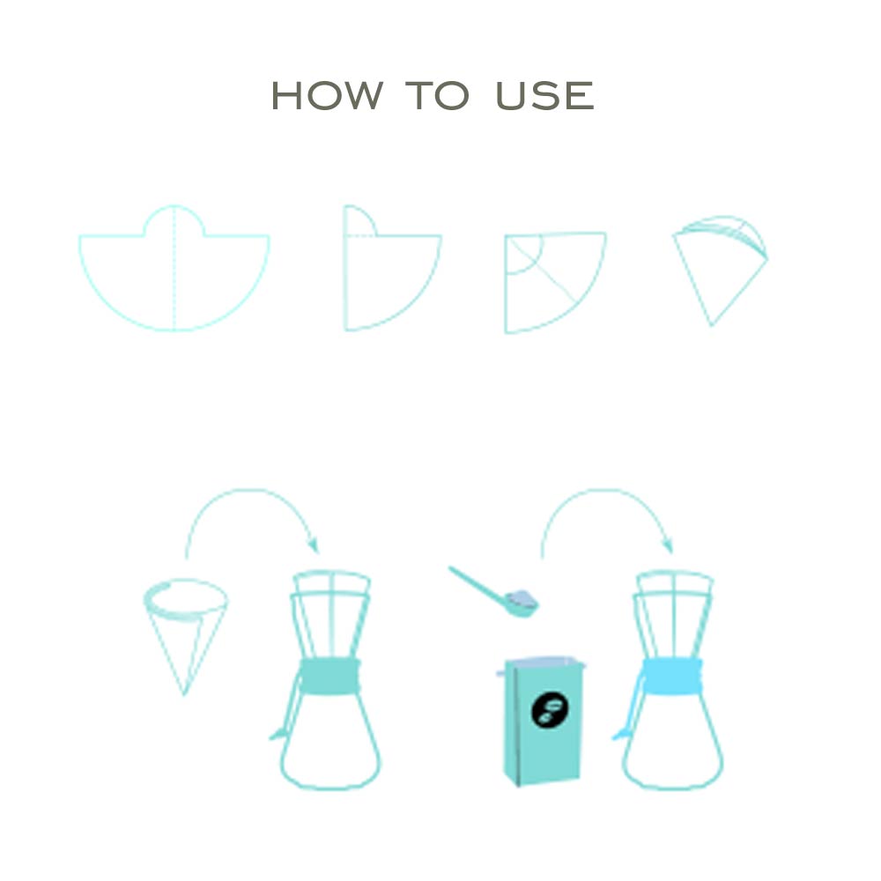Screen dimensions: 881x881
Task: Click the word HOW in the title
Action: [327, 95]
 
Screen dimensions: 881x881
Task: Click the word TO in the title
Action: [437, 95]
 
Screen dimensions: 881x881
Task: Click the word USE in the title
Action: [545, 95]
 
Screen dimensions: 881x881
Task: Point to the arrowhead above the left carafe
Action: [313, 545]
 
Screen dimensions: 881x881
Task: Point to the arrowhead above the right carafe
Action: [667, 545]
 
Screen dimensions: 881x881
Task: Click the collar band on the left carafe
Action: [329, 677]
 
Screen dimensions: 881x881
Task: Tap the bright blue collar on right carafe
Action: [672, 677]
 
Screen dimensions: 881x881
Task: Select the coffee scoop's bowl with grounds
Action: [522, 603]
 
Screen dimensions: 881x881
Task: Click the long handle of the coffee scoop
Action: [478, 583]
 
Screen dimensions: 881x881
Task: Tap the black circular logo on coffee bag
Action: [550, 710]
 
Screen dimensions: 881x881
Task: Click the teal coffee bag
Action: [542, 722]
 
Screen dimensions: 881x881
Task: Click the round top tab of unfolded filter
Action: [174, 221]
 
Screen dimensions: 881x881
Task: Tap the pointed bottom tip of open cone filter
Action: [184, 694]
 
